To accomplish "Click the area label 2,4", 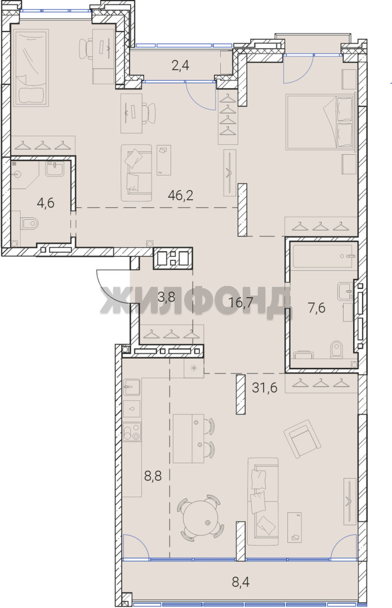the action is tap(180, 65).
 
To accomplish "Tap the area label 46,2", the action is tap(180, 195).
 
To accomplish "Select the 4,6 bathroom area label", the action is tap(46, 203).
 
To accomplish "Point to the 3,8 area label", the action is tap(166, 298).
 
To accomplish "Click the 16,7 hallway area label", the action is tap(243, 302).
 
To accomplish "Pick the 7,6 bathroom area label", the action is tap(317, 309).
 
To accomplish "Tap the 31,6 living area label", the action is tap(265, 387).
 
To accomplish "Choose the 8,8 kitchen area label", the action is tap(153, 475).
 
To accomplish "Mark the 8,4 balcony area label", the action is tap(240, 582).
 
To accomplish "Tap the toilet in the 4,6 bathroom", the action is tap(28, 223).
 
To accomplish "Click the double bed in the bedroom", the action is tap(320, 122).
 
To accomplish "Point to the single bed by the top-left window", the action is tap(30, 69).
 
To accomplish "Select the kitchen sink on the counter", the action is tap(132, 387).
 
